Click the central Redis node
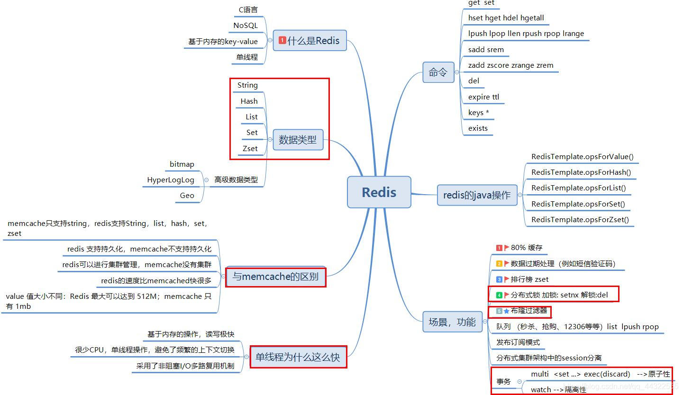379,192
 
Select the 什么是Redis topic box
310,41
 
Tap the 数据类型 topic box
297,140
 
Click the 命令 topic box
438,72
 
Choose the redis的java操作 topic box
477,195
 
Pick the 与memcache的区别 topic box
275,277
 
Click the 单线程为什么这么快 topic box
298,357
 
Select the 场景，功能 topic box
452,322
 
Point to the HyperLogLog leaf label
171,180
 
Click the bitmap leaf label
182,164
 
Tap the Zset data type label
250,149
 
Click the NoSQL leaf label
246,26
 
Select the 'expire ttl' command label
483,97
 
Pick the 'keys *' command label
478,113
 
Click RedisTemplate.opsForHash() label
581,172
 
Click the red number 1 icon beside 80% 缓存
499,248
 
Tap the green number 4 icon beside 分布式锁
499,295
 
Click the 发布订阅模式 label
518,342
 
